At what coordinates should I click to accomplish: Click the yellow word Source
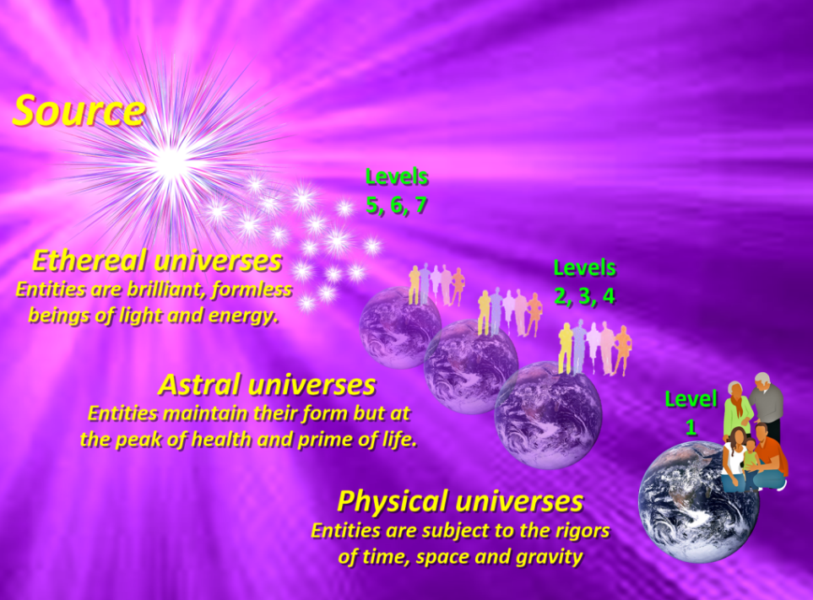(x=79, y=111)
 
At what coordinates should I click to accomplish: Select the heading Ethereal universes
(x=157, y=260)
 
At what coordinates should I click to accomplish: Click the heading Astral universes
(x=267, y=385)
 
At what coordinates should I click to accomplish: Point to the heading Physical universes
(x=460, y=501)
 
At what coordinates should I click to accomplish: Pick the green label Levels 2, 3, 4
(x=585, y=282)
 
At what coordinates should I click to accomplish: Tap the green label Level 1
(x=691, y=413)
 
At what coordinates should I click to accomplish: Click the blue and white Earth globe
(x=698, y=501)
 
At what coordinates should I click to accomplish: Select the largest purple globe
(x=548, y=415)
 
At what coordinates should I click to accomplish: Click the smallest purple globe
(x=400, y=328)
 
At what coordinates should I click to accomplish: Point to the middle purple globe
(x=471, y=367)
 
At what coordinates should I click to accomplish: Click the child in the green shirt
(x=750, y=457)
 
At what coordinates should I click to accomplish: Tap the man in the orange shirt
(x=771, y=456)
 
